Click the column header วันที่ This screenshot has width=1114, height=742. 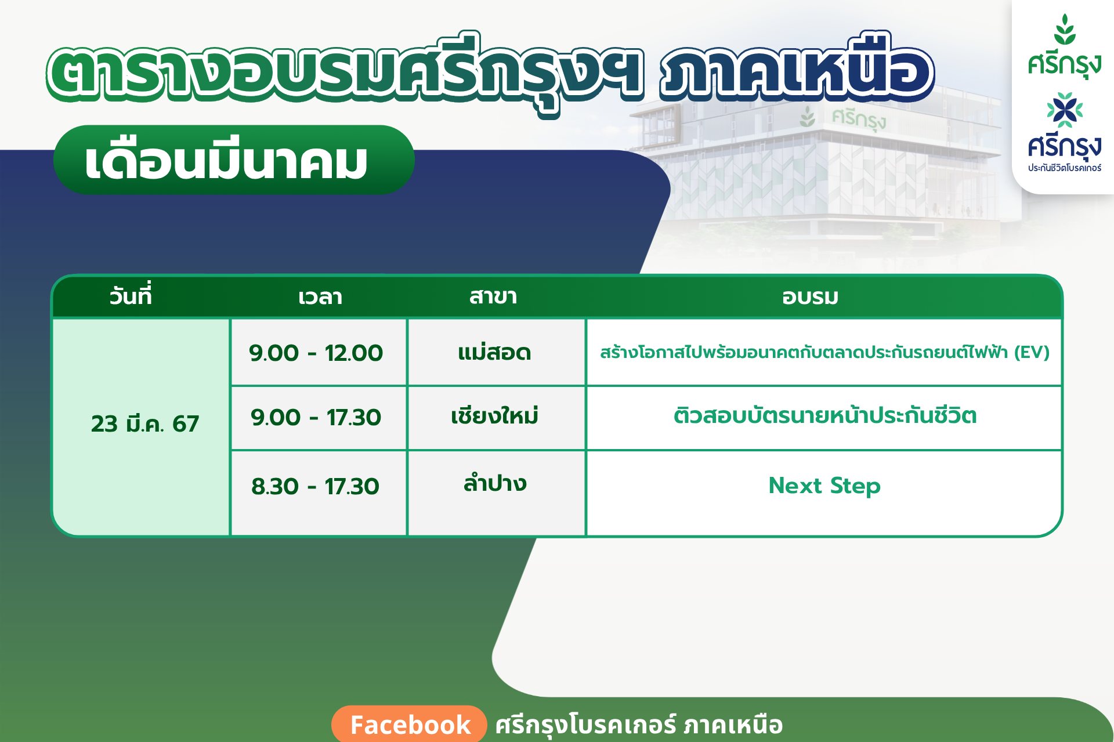[x=131, y=296]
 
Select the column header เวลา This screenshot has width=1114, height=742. [x=320, y=298]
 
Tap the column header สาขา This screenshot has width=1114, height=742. [x=493, y=296]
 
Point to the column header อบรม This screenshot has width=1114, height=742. [x=810, y=298]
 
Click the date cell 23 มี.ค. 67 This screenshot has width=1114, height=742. [x=145, y=423]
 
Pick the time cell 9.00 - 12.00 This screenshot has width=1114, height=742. [x=316, y=353]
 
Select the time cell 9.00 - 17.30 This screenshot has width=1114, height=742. [x=316, y=417]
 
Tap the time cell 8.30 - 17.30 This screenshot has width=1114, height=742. [x=316, y=486]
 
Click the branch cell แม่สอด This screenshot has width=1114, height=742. [x=494, y=351]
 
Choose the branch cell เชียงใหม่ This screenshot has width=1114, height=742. [x=494, y=415]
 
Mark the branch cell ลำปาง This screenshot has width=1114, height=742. [x=495, y=482]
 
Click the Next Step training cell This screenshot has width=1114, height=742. [x=824, y=486]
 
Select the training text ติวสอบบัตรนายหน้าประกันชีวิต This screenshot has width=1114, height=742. [x=825, y=415]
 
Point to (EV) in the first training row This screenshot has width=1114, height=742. [x=1032, y=352]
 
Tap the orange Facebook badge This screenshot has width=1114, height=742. [x=410, y=724]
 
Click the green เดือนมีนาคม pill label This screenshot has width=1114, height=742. [x=234, y=160]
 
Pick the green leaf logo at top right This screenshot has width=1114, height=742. [x=1065, y=30]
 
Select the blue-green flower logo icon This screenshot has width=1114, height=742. [x=1065, y=110]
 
